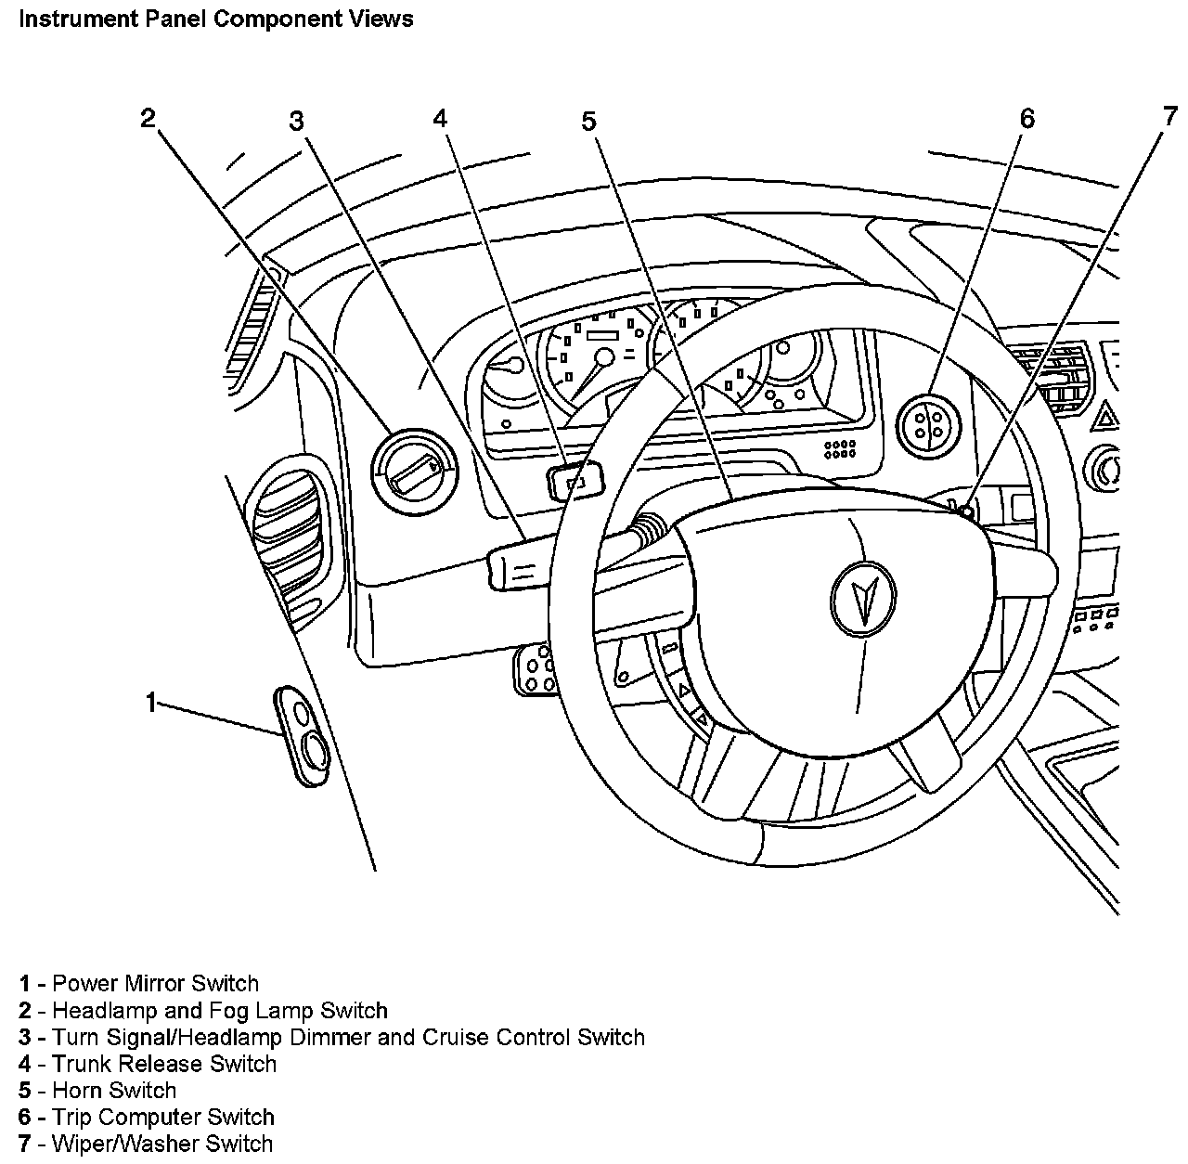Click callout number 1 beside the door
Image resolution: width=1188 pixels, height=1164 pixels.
pos(151,703)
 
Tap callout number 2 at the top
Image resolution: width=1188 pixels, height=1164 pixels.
pos(148,118)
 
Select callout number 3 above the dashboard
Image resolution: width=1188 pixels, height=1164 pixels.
pos(296,121)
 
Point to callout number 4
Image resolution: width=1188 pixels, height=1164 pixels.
pos(440,118)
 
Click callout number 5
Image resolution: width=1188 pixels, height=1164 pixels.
pos(589,121)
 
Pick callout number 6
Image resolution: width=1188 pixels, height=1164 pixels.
pos(1027,118)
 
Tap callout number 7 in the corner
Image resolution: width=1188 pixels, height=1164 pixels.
pos(1169,116)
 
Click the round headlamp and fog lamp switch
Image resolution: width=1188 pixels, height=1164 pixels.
pos(413,471)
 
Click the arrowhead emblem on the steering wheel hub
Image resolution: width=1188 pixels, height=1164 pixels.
pos(863,599)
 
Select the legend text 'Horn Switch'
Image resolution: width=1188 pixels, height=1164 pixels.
pos(114,1091)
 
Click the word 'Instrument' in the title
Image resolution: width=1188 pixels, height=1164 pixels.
pos(70,19)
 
